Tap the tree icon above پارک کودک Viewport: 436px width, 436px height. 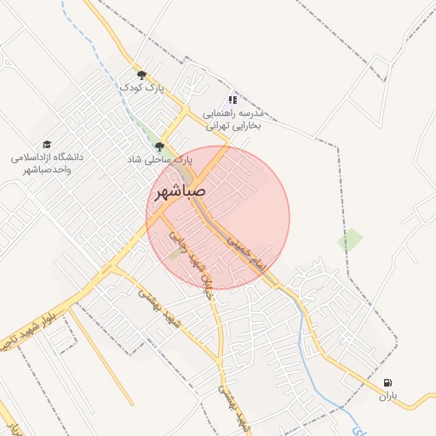point(141,75)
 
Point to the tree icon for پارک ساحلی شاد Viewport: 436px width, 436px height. point(159,146)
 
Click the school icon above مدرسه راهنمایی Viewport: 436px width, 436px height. point(233,100)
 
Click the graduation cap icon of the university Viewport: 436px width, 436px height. point(46,145)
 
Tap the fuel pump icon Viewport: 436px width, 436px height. point(388,383)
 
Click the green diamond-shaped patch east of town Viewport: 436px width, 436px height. point(350,240)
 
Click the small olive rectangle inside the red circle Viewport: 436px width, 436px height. point(175,253)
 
